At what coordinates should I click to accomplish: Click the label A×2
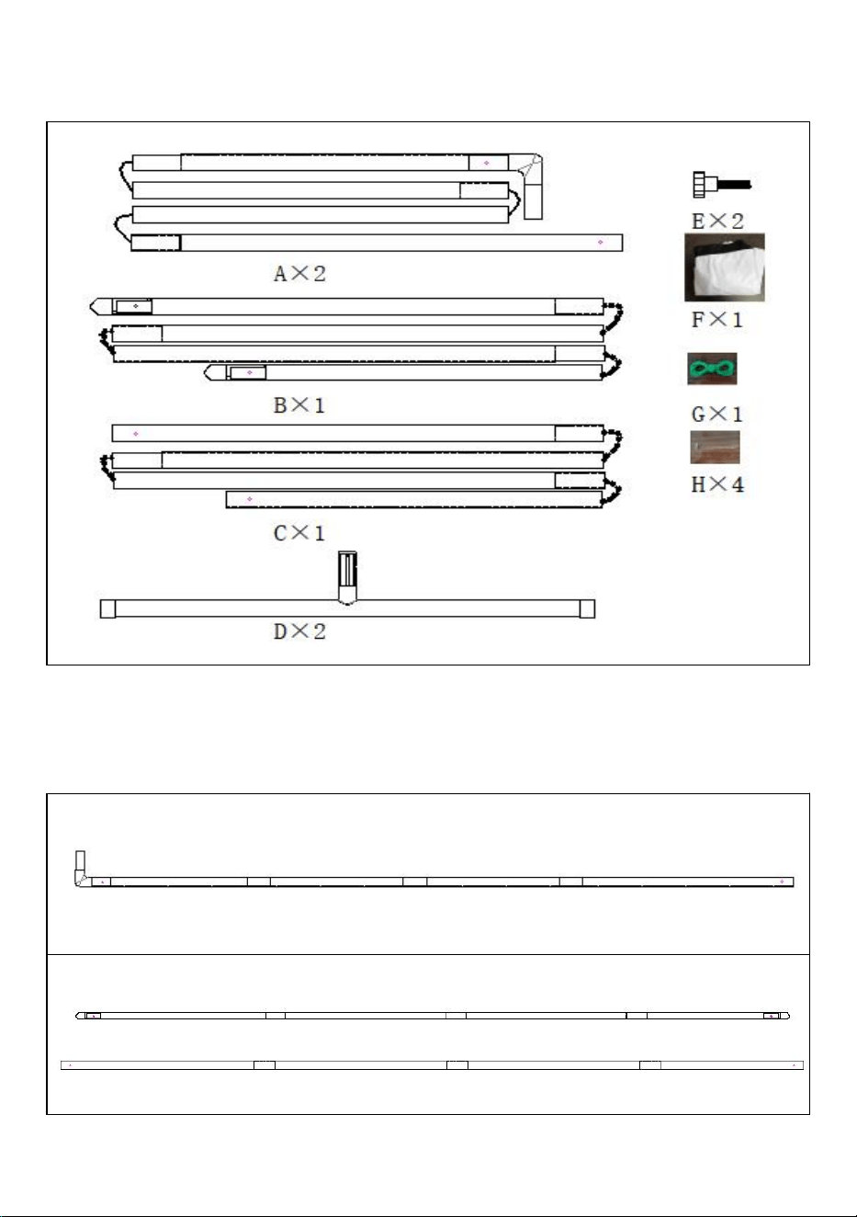coord(299,273)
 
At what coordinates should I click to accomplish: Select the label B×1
coord(299,405)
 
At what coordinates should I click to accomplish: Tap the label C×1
coord(299,533)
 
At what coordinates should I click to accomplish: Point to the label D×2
coord(299,631)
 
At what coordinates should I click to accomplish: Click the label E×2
coord(717,222)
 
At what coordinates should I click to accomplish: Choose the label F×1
coord(716,320)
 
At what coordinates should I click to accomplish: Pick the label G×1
coord(716,415)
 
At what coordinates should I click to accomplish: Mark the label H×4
coord(717,484)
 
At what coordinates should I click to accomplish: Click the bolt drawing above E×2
coord(722,185)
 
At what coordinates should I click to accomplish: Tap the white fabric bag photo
coord(725,267)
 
